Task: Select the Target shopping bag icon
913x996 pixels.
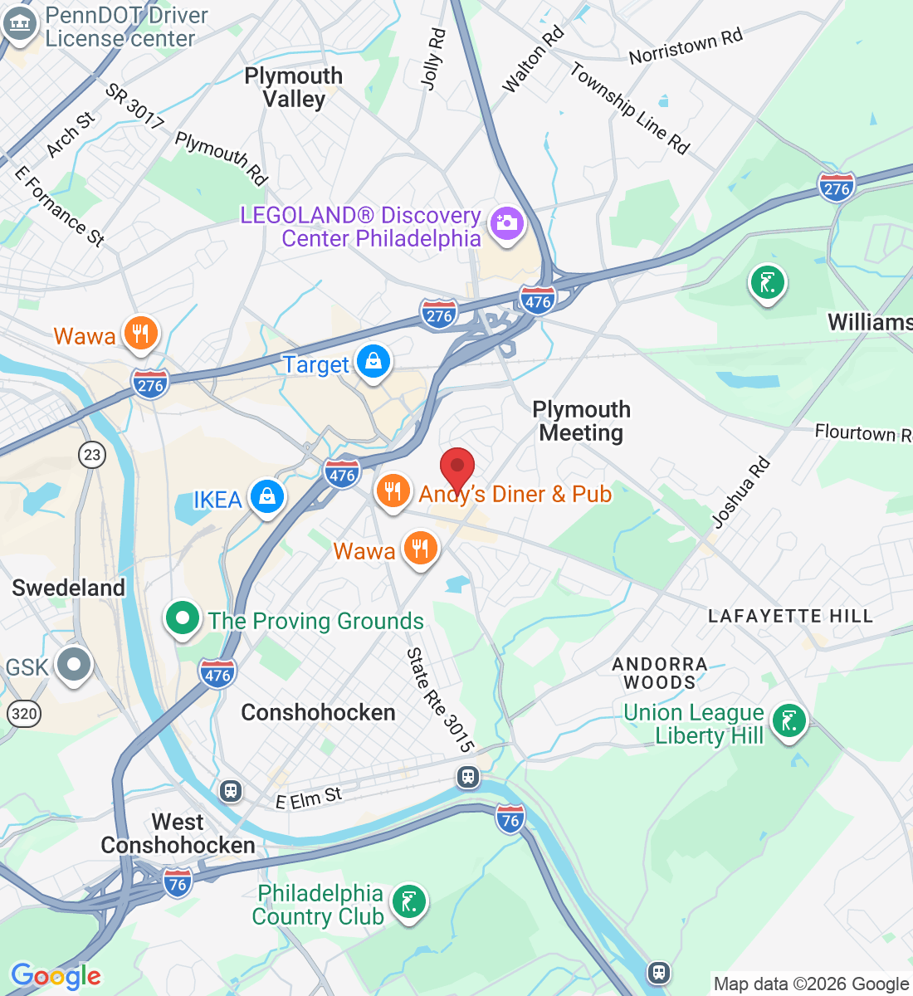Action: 373,363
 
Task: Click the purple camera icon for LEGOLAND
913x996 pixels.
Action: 505,223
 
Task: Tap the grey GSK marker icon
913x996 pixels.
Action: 75,665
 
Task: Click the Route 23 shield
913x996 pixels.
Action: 92,454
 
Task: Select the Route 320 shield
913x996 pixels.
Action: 24,713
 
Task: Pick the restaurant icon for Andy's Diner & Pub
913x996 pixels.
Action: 393,491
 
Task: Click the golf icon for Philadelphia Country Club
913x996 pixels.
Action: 408,901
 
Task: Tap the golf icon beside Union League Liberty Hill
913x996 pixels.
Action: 788,720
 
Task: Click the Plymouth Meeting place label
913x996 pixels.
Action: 581,421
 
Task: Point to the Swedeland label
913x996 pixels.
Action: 69,588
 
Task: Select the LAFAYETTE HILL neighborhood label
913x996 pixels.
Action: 790,616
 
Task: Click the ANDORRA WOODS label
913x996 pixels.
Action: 660,673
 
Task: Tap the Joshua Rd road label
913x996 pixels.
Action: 741,492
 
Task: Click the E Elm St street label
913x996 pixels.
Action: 309,798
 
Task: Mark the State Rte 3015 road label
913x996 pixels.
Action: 440,700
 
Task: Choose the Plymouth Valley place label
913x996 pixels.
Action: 294,87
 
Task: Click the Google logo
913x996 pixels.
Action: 56,976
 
